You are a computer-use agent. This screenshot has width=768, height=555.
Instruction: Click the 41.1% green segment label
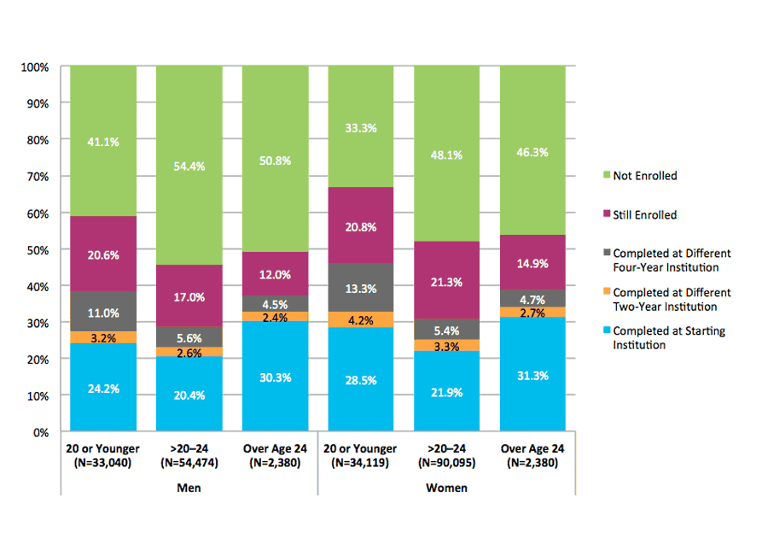tap(103, 142)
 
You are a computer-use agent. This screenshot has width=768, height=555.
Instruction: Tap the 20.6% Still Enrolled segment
tap(103, 254)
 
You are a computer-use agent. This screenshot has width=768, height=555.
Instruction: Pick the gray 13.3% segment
tap(361, 288)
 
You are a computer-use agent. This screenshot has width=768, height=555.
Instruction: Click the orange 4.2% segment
tap(361, 320)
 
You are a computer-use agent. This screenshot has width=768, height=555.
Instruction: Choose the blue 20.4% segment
tap(189, 394)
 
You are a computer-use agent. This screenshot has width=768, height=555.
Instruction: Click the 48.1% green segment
tap(447, 155)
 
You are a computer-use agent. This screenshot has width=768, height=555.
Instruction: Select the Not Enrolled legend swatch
tap(607, 176)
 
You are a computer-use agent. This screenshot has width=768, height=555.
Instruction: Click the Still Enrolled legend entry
tap(644, 215)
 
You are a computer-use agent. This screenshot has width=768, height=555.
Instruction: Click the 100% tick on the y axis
tap(40, 67)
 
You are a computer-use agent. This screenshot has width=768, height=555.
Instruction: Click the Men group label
tap(189, 488)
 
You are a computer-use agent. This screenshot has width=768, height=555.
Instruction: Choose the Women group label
tap(447, 488)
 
